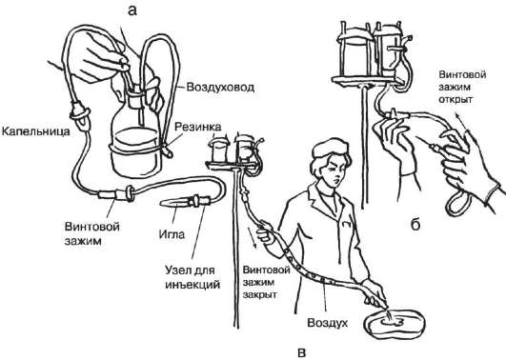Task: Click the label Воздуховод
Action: (x=220, y=87)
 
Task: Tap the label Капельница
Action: (x=35, y=131)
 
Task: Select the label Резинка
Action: (x=198, y=127)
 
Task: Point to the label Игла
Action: (x=172, y=234)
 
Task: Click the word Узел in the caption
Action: (x=176, y=270)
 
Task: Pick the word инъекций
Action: (x=192, y=285)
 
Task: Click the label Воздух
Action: (x=327, y=323)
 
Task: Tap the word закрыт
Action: (x=259, y=295)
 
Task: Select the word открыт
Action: (x=455, y=99)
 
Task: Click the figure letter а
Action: (x=132, y=11)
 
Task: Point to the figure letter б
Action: (x=415, y=224)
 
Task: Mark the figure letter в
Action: (x=301, y=353)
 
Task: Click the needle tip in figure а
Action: (x=161, y=203)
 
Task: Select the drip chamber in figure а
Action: (x=80, y=115)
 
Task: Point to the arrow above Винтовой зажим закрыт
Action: (x=253, y=238)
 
